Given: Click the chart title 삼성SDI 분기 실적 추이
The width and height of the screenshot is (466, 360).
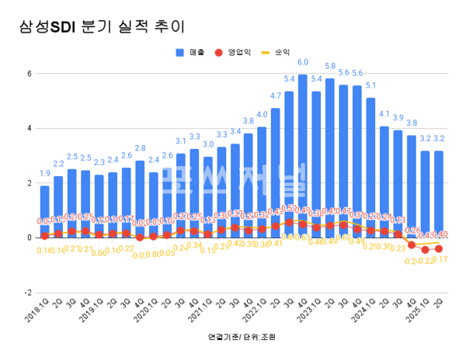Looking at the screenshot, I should pos(102,27).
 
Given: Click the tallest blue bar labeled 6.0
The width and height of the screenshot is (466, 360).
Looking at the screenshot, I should pos(303,155).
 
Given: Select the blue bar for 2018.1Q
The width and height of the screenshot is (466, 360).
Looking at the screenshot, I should pos(45,211).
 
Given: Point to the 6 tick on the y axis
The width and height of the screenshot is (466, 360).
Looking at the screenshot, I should pos(28,74).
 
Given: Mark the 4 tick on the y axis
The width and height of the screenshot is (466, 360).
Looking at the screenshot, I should pos(28,128).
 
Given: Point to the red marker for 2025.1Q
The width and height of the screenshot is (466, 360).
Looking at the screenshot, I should pos(425,249).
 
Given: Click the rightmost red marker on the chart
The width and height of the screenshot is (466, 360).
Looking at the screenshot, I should pos(439,248).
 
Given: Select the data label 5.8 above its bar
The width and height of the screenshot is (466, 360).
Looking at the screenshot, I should pos(330,67).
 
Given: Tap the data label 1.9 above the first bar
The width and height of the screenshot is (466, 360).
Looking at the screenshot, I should pos(45,174).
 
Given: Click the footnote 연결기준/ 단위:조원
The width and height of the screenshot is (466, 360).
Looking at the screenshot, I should pos(242,337).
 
